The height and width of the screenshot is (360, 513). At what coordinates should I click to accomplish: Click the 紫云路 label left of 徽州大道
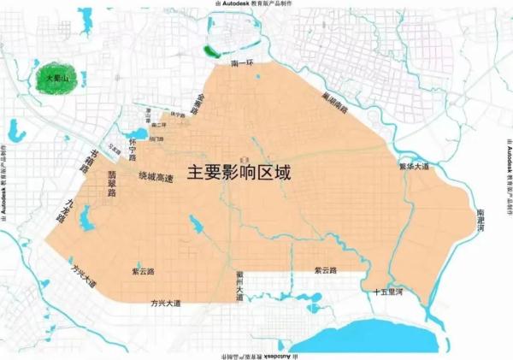click(x=143, y=270)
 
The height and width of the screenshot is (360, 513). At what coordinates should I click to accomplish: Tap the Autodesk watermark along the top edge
click(x=256, y=5)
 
